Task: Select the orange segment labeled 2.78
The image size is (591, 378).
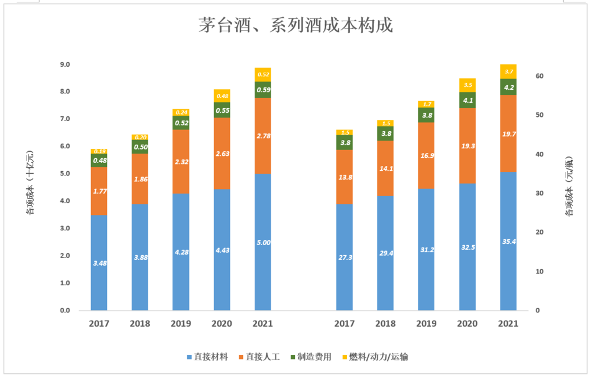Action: point(263,136)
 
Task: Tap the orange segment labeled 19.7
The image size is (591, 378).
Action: point(508,133)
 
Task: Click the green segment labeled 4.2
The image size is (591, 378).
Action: point(508,87)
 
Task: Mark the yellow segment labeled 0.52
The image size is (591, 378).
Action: point(263,74)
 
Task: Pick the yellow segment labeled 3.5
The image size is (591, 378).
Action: point(467,85)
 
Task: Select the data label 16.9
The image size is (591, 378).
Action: point(426,156)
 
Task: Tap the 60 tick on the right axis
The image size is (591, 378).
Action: point(540,76)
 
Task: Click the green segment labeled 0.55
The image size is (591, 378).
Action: point(222,110)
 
